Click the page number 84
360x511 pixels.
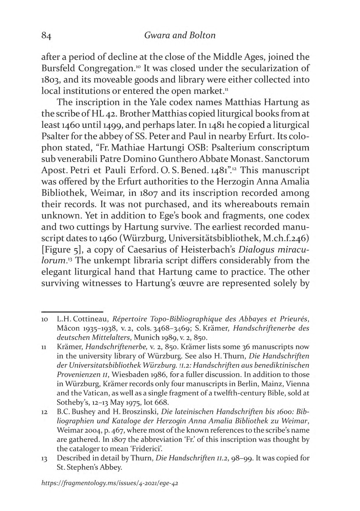46,36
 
